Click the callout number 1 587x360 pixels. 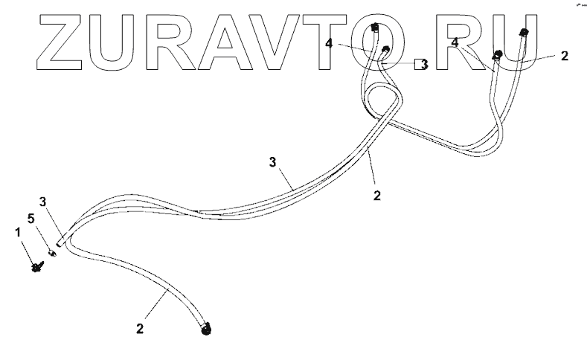pyautogui.click(x=19, y=233)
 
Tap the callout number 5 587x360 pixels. pyautogui.click(x=31, y=219)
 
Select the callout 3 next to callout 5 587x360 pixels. pyautogui.click(x=42, y=201)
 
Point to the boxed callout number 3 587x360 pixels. pyautogui.click(x=423, y=65)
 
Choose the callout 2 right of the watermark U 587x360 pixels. pyautogui.click(x=565, y=56)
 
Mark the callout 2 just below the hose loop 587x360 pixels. pyautogui.click(x=377, y=196)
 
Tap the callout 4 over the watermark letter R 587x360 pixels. pyautogui.click(x=454, y=42)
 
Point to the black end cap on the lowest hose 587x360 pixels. pyautogui.click(x=207, y=327)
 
